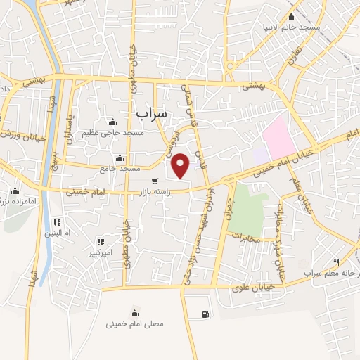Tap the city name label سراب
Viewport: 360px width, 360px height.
[150, 112]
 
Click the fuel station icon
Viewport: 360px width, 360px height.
[205, 314]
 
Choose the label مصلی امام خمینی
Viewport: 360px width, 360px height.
[135, 324]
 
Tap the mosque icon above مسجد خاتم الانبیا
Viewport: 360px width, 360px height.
[291, 17]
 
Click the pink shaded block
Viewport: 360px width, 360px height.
[279, 136]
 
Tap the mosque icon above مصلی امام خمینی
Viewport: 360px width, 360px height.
[134, 314]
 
